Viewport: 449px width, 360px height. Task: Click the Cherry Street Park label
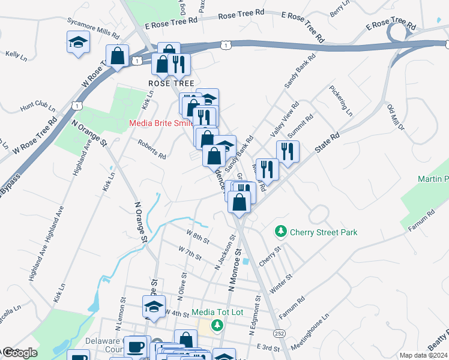tap(324, 232)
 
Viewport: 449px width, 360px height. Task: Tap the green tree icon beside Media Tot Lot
tap(217, 325)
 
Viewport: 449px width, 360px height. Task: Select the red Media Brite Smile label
tap(162, 124)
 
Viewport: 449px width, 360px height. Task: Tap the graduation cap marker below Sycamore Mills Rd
tap(78, 43)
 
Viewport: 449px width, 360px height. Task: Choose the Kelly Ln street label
tap(16, 55)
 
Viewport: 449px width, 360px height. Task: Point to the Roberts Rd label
tap(151, 150)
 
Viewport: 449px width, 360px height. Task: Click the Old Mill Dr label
tap(397, 117)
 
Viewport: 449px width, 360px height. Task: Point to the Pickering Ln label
tap(340, 101)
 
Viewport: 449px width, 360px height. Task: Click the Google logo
tap(19, 353)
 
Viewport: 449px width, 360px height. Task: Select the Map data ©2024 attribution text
tap(423, 355)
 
